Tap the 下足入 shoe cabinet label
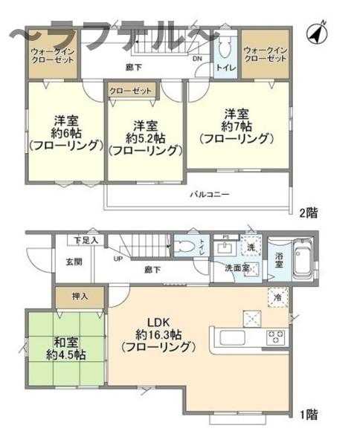tap(87, 240)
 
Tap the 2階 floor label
tap(309, 213)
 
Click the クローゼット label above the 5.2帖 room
tap(131, 91)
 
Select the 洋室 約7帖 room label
tap(237, 126)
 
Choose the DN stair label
tap(197, 59)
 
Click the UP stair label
tap(118, 259)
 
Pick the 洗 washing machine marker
tap(251, 246)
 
